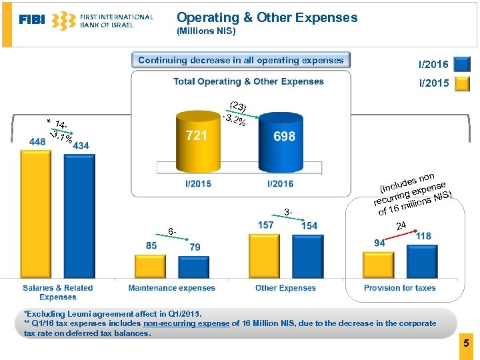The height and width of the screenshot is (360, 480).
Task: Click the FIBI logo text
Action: point(32,20)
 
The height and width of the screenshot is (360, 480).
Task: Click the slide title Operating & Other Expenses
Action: point(267,18)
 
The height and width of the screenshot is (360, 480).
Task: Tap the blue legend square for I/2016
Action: point(461,64)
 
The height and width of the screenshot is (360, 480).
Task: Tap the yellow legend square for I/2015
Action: point(461,84)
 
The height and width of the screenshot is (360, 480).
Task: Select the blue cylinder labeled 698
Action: point(283,143)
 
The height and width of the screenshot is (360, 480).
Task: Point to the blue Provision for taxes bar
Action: point(422,260)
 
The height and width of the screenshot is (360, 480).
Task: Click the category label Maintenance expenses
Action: point(172,288)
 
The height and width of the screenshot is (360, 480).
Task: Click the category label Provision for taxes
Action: point(399,288)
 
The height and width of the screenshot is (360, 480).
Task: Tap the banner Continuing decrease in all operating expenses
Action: point(241,61)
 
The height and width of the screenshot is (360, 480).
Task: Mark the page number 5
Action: point(466,344)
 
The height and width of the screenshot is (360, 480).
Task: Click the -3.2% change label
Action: point(235,121)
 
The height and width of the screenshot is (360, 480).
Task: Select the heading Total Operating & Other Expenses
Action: point(249,81)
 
